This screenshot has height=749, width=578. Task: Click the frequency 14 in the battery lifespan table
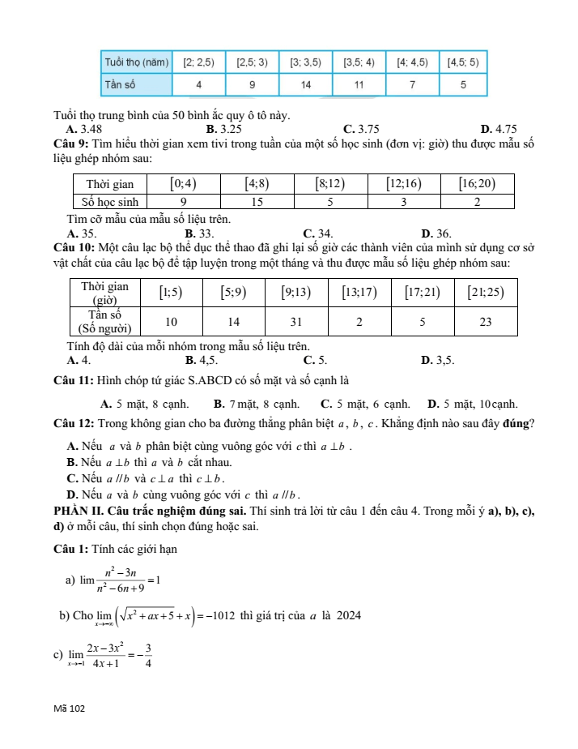click(306, 84)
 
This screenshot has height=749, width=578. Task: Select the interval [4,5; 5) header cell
click(463, 62)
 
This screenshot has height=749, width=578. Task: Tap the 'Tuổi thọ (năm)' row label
click(137, 62)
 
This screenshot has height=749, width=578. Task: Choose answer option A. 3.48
click(84, 129)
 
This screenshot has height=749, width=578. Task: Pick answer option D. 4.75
click(498, 129)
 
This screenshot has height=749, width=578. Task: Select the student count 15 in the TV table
click(257, 201)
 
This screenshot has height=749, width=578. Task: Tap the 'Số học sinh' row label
click(113, 201)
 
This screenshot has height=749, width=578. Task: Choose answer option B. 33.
click(199, 233)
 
